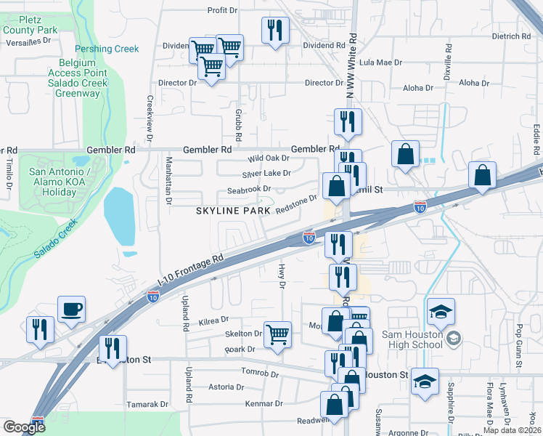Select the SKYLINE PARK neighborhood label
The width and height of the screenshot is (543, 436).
[x=232, y=210]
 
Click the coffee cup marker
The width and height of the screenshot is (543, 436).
[x=71, y=309]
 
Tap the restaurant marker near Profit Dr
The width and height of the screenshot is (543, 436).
[x=275, y=31]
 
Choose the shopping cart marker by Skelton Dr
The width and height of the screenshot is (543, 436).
[x=277, y=335]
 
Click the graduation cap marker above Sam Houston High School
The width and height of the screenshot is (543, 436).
[x=441, y=312]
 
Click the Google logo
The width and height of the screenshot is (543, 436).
[x=24, y=427]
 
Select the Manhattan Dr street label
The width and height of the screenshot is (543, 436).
[x=168, y=179]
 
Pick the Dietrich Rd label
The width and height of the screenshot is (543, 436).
[x=511, y=36]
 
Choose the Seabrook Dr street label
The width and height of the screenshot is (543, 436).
[x=249, y=190]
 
